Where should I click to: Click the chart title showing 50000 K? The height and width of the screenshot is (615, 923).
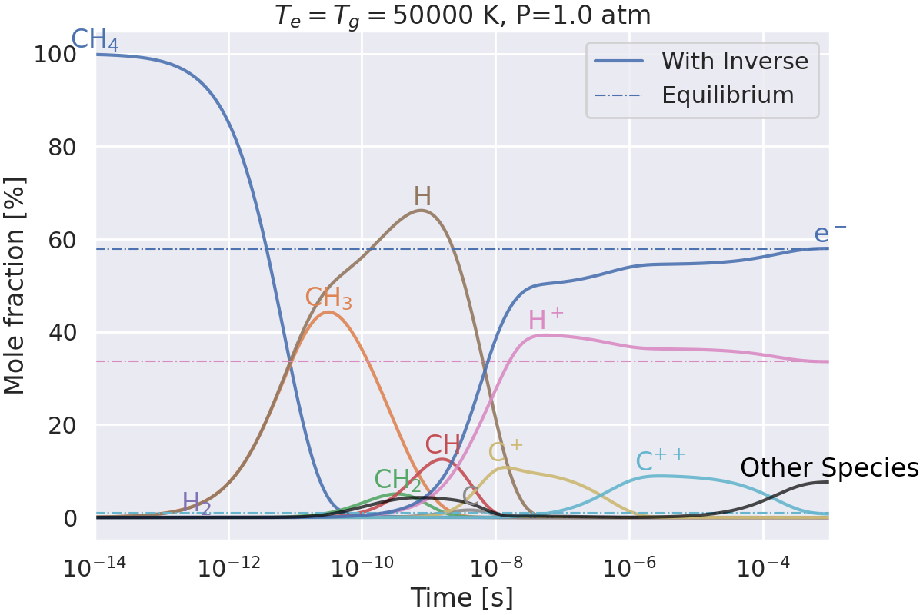[x=462, y=15]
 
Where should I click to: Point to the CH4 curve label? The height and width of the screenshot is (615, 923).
[x=95, y=40]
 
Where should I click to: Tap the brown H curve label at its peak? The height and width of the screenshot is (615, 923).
[x=422, y=197]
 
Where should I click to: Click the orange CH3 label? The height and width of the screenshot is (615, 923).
[x=328, y=298]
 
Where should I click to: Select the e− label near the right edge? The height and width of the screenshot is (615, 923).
[x=831, y=234]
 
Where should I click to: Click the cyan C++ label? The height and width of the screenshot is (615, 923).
[x=660, y=461]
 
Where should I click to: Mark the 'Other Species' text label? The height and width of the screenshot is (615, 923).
[x=829, y=468]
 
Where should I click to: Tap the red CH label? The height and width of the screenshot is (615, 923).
[x=443, y=445]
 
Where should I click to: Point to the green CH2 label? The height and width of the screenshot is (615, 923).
[x=398, y=480]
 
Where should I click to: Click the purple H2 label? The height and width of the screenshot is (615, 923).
[x=196, y=504]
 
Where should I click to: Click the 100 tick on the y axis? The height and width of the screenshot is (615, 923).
[x=61, y=55]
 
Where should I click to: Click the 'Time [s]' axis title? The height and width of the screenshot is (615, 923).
[x=461, y=597]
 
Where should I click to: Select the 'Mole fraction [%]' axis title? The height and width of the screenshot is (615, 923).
[x=15, y=286]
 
